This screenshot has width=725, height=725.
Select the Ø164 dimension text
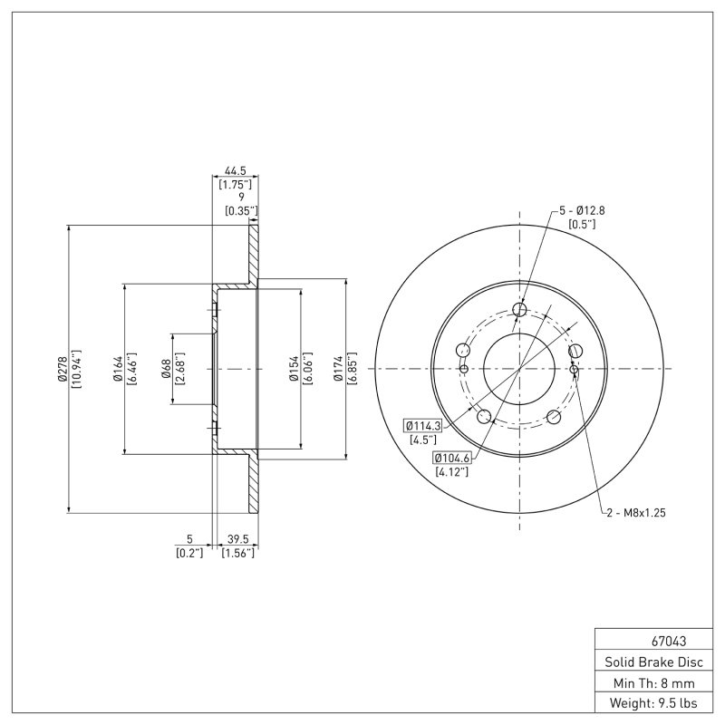[118, 369]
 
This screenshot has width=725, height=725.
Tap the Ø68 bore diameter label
[166, 369]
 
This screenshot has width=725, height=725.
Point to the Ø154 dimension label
[294, 369]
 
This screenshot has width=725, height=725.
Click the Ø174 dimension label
[338, 369]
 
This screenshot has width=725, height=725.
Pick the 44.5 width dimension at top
[235, 170]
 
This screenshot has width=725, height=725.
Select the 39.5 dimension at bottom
[237, 538]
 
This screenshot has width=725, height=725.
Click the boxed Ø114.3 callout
[422, 425]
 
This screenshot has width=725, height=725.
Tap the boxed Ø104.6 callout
[451, 458]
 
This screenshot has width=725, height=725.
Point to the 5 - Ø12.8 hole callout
[580, 210]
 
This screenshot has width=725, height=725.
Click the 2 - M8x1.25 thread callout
[635, 513]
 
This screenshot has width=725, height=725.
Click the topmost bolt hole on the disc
[519, 311]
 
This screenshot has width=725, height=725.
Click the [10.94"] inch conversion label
[76, 369]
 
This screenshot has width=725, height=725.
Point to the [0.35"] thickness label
[241, 211]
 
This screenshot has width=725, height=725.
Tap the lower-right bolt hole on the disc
[553, 417]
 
